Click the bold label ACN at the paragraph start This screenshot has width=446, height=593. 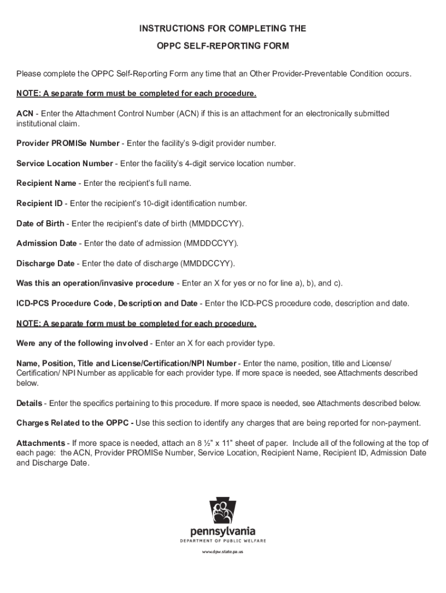click(24, 114)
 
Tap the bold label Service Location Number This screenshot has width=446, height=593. click(64, 163)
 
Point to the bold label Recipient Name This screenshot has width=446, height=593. click(46, 184)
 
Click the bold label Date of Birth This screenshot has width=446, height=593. click(40, 224)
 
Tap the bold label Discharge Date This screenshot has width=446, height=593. click(45, 263)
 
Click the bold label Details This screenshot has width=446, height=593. click(29, 403)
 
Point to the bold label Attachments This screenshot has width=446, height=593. click(41, 444)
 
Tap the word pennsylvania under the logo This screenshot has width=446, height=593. click(222, 532)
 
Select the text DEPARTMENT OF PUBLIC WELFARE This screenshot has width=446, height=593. click(222, 541)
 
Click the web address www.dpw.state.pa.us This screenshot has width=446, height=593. click(222, 552)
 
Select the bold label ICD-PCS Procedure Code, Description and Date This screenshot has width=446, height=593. click(107, 303)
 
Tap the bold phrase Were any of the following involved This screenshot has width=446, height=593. click(82, 343)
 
